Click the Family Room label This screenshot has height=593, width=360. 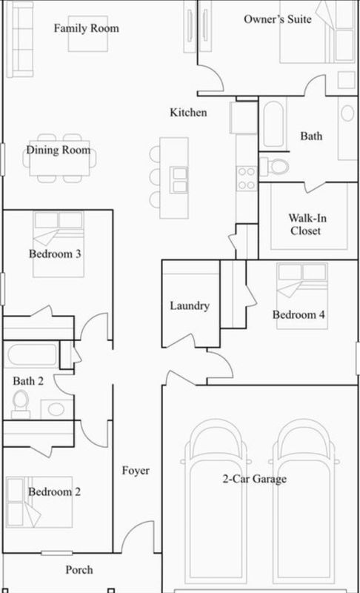pos(86,28)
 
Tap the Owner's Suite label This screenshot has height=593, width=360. pos(278,19)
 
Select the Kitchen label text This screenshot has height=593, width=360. pos(188,113)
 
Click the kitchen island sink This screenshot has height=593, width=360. pos(179,180)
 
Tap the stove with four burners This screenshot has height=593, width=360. pos(247,178)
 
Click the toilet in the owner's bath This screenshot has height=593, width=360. pos(275,165)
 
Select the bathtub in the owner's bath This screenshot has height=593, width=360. pos(273,123)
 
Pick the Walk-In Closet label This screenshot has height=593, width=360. pos(307,225)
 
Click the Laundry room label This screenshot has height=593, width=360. pos(190,305)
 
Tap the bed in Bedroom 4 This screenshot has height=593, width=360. pos(302,296)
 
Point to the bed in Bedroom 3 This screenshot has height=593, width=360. pos(59,244)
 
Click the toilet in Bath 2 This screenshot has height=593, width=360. pos(21,404)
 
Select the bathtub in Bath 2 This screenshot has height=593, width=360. pos(32,354)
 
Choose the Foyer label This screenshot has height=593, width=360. pos(136,471)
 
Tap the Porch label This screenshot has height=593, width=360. pos(79,569)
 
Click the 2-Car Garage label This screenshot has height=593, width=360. pos(255,479)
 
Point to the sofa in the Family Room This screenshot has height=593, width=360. pos(20,39)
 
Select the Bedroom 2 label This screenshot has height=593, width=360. pos(54,491)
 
